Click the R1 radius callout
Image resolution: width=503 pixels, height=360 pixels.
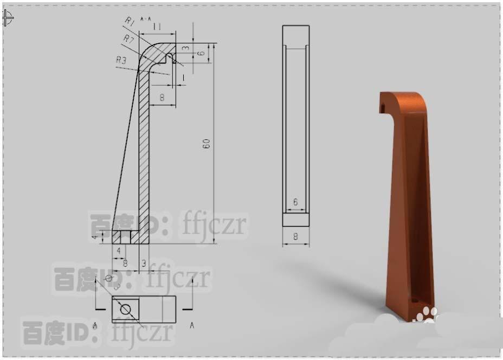[129, 21]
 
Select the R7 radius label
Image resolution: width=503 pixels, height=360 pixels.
[128, 38]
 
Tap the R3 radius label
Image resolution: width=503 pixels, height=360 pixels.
[121, 60]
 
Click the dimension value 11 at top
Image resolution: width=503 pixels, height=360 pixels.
[157, 27]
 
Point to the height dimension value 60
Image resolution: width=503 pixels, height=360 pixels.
[207, 144]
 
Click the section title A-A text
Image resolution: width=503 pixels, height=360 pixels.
[145, 19]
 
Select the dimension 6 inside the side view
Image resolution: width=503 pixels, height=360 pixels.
[295, 202]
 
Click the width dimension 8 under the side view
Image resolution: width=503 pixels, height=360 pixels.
[295, 236]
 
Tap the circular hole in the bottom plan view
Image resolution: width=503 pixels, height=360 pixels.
[126, 310]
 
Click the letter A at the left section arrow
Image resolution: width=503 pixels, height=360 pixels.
[95, 325]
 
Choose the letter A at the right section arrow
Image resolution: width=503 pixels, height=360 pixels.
[192, 325]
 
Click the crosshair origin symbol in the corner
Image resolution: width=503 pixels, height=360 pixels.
[8, 18]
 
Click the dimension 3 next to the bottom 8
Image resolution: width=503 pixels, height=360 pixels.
[144, 263]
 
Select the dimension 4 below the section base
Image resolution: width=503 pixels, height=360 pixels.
[119, 250]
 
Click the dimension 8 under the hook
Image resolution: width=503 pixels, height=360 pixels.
[162, 97]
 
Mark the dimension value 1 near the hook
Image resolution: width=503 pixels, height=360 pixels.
[183, 78]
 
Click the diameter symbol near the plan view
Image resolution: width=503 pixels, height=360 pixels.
[108, 279]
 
